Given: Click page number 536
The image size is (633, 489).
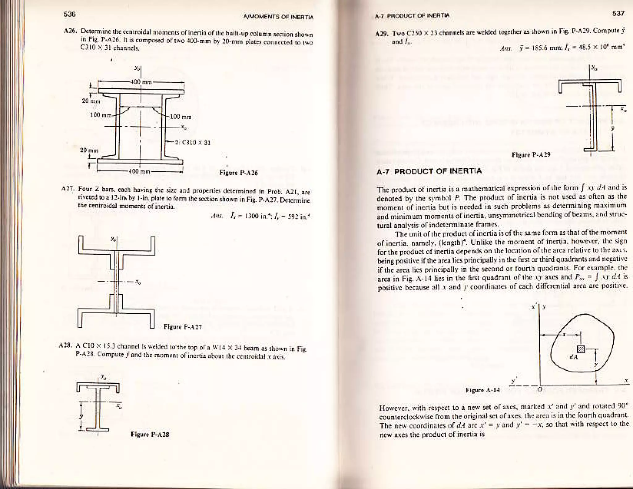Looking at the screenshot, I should click(70, 14).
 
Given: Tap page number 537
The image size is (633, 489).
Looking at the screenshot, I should click(618, 13).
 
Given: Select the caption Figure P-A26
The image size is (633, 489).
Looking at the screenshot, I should click(238, 173).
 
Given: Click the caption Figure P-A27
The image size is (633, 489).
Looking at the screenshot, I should click(183, 327).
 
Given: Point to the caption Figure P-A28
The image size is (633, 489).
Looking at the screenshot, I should click(150, 434).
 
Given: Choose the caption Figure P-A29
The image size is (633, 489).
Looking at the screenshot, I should click(531, 154).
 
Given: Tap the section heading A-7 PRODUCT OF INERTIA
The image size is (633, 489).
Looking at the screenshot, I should click(429, 171).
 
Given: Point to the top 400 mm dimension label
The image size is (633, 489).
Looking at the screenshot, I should click(140, 82).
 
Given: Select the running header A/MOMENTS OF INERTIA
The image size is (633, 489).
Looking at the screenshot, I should click(278, 17).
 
